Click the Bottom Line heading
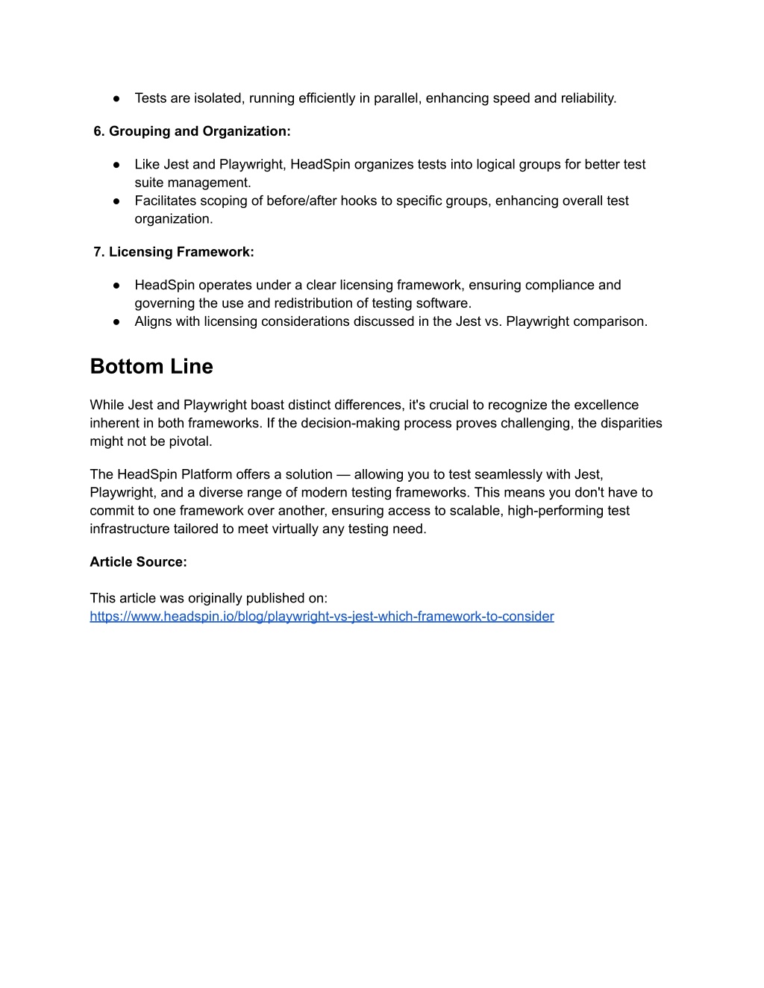pyautogui.click(x=151, y=366)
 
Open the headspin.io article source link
pyautogui.click(x=322, y=616)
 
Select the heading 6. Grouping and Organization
pyautogui.click(x=192, y=131)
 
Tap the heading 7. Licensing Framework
pyautogui.click(x=174, y=252)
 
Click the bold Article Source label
pyautogui.click(x=138, y=561)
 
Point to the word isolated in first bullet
pyautogui.click(x=219, y=98)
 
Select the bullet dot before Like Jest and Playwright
pyautogui.click(x=117, y=164)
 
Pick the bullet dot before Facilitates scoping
pyautogui.click(x=117, y=201)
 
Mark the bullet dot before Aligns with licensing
pyautogui.click(x=117, y=321)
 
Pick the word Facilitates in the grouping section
pyautogui.click(x=166, y=201)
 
